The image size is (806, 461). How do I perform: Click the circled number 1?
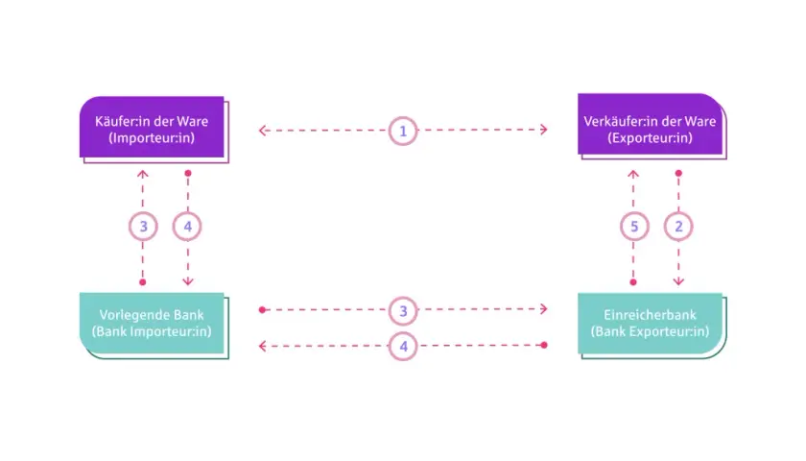tap(403, 131)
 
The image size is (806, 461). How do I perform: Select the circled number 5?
tap(634, 227)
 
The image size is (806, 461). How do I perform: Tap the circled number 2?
tap(678, 227)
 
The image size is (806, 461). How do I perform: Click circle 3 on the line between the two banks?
tap(403, 311)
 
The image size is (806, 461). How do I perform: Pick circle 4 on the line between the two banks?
tap(403, 347)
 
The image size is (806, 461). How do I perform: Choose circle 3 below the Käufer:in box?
tap(143, 227)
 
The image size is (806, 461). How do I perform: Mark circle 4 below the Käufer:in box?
tap(187, 227)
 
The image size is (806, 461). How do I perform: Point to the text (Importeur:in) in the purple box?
tap(152, 138)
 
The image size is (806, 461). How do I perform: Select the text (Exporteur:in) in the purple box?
tap(650, 138)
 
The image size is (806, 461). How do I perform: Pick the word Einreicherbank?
tap(650, 314)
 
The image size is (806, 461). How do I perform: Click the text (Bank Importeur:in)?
tap(152, 331)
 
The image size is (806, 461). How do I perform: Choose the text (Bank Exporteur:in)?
tap(650, 331)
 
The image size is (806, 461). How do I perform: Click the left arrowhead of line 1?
tap(262, 131)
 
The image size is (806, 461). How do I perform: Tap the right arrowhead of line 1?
tap(544, 130)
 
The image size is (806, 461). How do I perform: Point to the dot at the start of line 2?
tap(678, 174)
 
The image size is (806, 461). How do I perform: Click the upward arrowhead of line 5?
tap(633, 174)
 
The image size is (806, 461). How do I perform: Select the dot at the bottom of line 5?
tap(633, 282)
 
